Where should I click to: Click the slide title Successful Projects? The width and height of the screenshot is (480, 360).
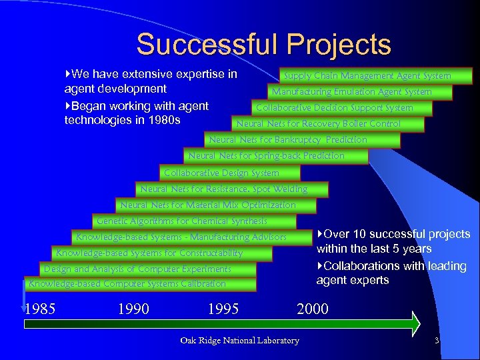(x=263, y=45)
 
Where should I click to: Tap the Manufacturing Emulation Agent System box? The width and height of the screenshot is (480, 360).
(x=351, y=92)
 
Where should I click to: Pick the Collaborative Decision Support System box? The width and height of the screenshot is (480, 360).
(x=335, y=108)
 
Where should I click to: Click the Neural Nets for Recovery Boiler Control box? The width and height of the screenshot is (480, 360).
(x=318, y=124)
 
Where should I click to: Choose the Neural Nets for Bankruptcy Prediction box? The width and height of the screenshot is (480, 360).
(x=288, y=140)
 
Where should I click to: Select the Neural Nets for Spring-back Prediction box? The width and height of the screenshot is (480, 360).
(x=267, y=156)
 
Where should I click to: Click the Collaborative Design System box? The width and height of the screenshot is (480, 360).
(x=222, y=173)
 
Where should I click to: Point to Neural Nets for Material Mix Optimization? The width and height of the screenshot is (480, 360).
(x=207, y=205)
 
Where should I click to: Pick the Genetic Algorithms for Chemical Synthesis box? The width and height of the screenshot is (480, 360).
(x=182, y=221)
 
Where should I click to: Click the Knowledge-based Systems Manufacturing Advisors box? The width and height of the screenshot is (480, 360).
(x=181, y=237)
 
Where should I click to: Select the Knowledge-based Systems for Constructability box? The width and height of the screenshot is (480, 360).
(x=149, y=253)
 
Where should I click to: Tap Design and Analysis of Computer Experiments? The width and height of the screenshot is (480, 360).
(x=137, y=269)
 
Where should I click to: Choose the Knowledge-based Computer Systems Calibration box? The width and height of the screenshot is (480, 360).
(x=127, y=284)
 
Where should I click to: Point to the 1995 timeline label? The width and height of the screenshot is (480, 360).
(x=223, y=309)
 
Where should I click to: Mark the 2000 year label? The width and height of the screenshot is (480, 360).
(x=312, y=309)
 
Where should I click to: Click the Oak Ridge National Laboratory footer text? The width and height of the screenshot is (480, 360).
(x=240, y=341)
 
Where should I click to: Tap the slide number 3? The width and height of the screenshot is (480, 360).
(x=436, y=341)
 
